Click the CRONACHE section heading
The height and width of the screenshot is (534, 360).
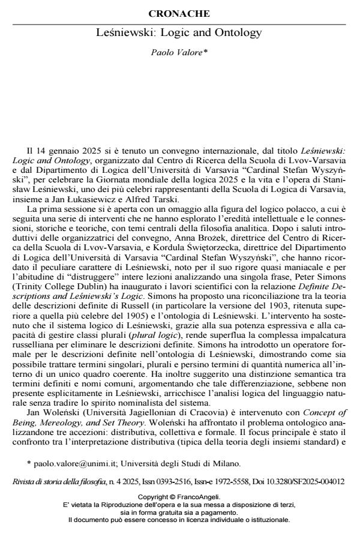179,13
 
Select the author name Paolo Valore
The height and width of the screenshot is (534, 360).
179,53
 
